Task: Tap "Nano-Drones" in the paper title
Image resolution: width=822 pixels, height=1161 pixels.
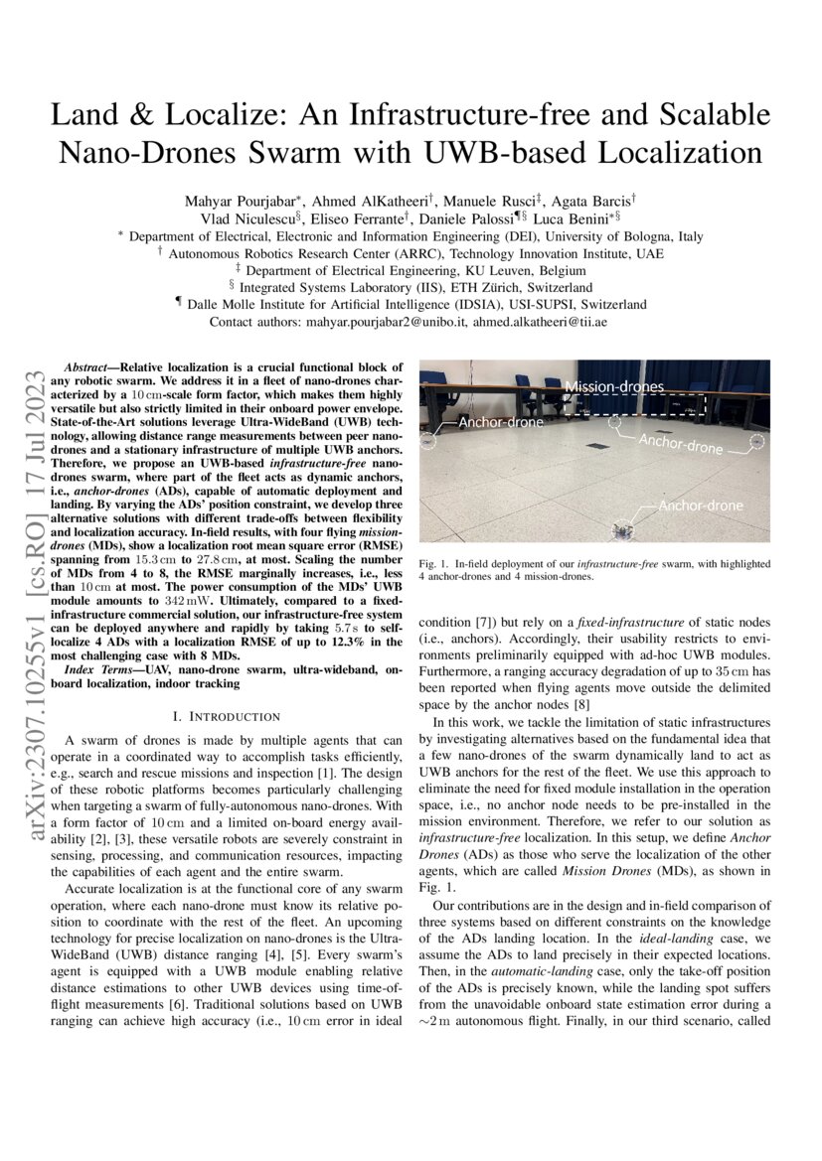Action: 146,153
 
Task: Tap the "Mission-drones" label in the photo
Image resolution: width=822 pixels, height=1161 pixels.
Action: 614,386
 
